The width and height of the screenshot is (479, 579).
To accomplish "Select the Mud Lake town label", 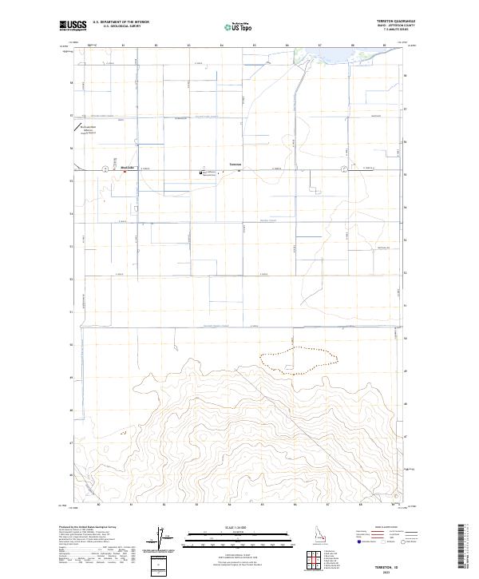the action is tap(127, 168).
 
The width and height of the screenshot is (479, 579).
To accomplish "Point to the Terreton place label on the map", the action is tap(235, 165).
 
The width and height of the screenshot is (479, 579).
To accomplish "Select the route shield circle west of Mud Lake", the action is tap(105, 169).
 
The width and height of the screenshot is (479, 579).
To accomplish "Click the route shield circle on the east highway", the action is tap(343, 169).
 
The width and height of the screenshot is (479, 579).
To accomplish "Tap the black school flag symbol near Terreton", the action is tap(201, 171).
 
